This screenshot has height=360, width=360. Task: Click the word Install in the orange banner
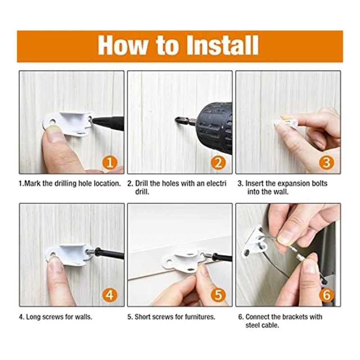[x=222, y=45]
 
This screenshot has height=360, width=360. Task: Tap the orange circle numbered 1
[x=110, y=162]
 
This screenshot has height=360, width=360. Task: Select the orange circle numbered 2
[x=218, y=162]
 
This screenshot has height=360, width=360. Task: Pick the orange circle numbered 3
[x=327, y=162]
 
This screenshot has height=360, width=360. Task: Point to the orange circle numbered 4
[x=110, y=295]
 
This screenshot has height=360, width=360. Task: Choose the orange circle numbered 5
[x=218, y=295]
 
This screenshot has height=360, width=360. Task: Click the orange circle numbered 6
[x=327, y=295]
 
